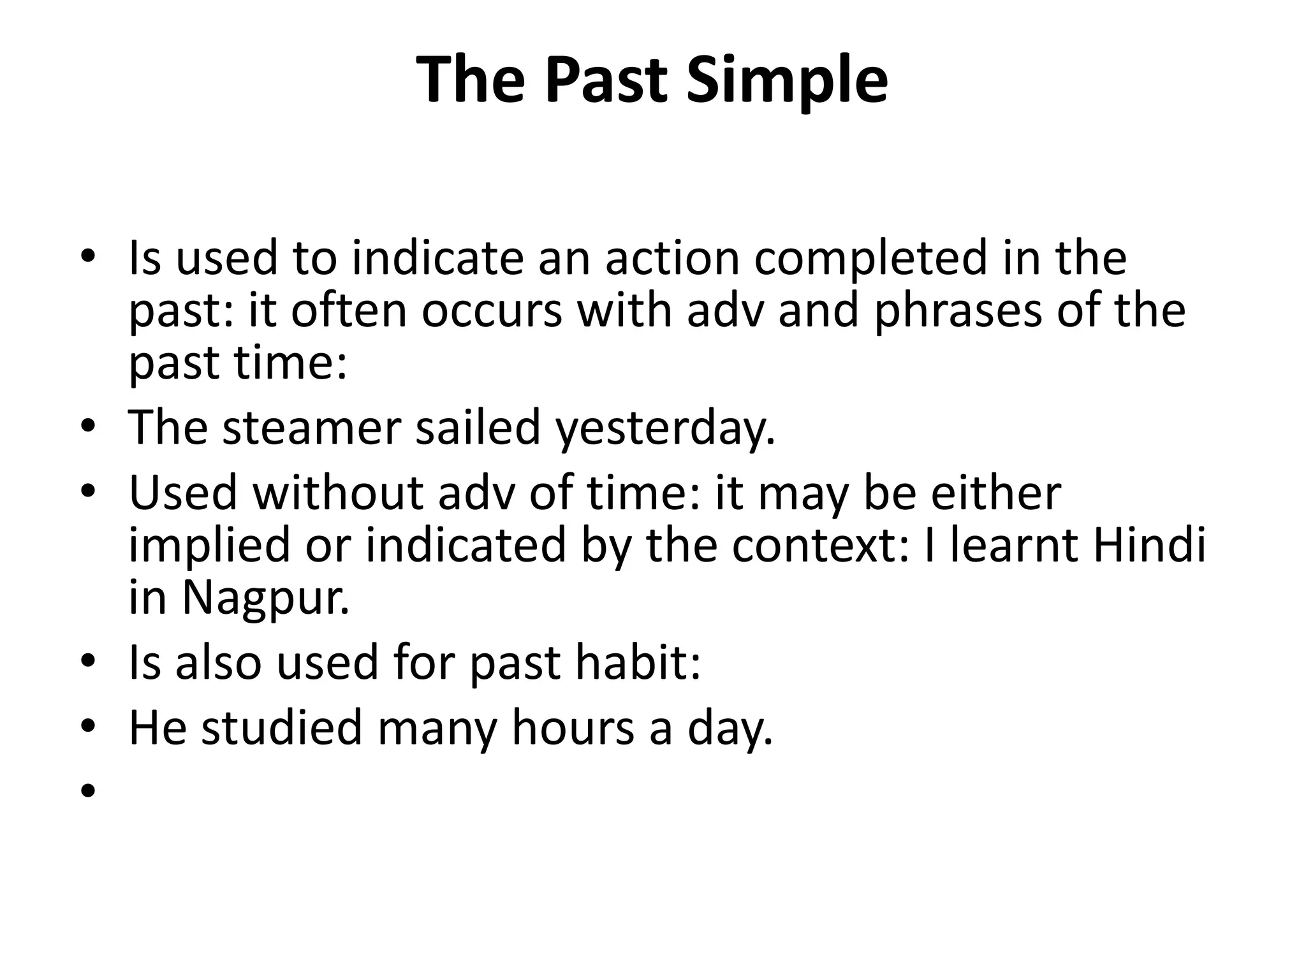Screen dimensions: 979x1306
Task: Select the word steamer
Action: coord(312,427)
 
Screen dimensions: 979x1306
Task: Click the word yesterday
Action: coord(665,428)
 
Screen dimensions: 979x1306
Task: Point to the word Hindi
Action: coord(1150,545)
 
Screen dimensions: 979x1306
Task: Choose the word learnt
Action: coord(1014,545)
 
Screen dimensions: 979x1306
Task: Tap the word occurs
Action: coord(492,311)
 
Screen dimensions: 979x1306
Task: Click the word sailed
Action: coord(478,427)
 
